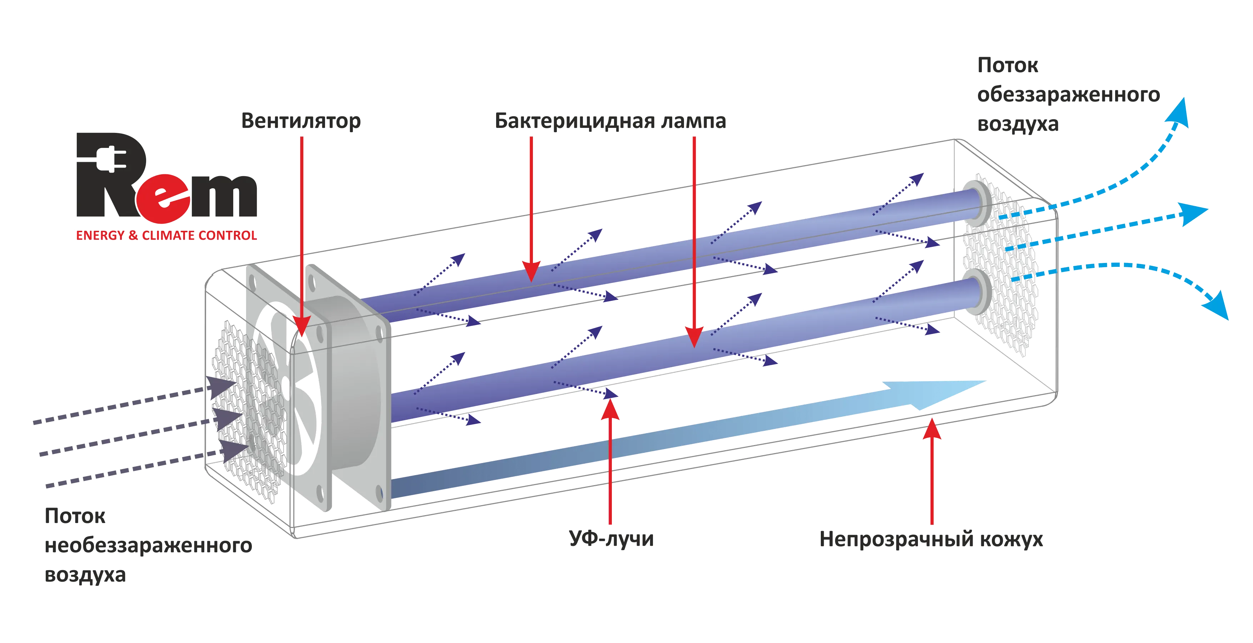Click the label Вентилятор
click(x=301, y=121)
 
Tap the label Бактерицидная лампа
click(x=610, y=121)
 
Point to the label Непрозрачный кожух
click(x=932, y=540)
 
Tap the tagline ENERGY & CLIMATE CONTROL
click(x=166, y=236)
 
